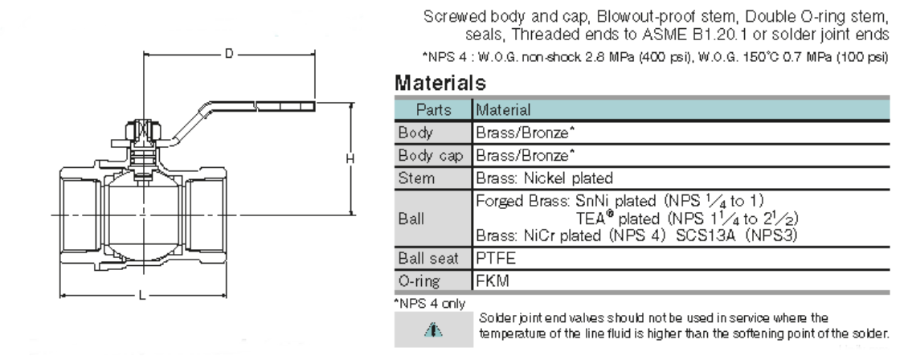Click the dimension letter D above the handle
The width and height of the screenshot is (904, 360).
pyautogui.click(x=229, y=54)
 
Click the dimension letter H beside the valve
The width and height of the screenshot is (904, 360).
pyautogui.click(x=350, y=158)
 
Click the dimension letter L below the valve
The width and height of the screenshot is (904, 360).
pyautogui.click(x=142, y=296)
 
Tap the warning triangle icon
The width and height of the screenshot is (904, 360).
pyautogui.click(x=434, y=330)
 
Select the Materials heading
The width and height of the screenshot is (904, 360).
pyautogui.click(x=440, y=83)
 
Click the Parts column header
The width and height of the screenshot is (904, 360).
pyautogui.click(x=434, y=109)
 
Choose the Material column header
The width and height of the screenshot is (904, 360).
pyautogui.click(x=503, y=109)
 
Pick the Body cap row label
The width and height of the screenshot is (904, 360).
pyautogui.click(x=430, y=155)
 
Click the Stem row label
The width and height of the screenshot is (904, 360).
pyautogui.click(x=416, y=178)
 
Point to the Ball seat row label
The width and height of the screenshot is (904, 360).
pyautogui.click(x=428, y=259)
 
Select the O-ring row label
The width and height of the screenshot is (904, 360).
pyautogui.click(x=419, y=281)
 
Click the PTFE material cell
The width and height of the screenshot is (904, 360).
pyautogui.click(x=496, y=259)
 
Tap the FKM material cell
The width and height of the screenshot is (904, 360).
pyautogui.click(x=493, y=281)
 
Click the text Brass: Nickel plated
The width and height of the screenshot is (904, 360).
pyautogui.click(x=544, y=178)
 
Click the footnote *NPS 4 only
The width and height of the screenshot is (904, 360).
pyautogui.click(x=430, y=304)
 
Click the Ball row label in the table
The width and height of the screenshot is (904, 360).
pyautogui.click(x=411, y=219)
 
